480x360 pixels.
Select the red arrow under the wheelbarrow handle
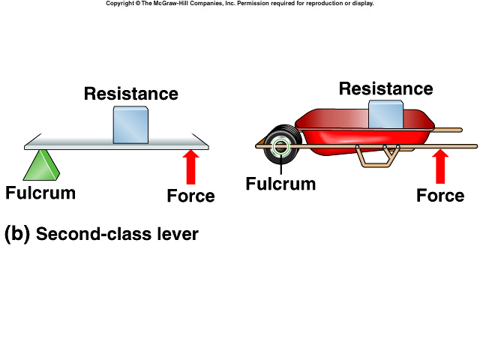point(440,166)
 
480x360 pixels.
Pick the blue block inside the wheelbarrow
point(386,114)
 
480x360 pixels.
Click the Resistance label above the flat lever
point(130,94)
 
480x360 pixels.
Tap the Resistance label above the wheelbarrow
point(385,88)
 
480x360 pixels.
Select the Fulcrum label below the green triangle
point(40,193)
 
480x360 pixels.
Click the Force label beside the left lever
point(190,196)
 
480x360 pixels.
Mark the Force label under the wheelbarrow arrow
point(440,196)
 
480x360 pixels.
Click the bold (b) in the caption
point(16,234)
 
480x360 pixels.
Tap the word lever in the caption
point(178,234)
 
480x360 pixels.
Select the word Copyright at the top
point(121,4)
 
